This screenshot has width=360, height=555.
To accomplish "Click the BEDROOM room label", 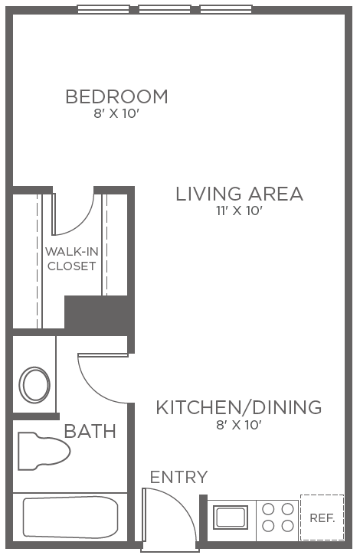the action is (116, 96).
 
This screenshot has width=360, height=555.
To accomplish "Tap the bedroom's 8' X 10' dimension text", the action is (116, 114).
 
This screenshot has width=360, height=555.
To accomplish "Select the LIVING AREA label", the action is (240, 194).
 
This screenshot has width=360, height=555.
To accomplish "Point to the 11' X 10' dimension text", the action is (239, 211).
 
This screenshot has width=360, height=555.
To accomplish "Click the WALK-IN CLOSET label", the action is (72, 259).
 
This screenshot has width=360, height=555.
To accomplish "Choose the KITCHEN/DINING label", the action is (239, 407).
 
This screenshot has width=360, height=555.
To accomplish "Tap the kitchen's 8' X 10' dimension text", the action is (239, 425).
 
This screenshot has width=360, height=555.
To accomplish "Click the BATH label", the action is (90, 431).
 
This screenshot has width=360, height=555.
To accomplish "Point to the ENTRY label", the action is (179, 477).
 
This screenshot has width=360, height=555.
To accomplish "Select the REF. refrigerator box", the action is (322, 517).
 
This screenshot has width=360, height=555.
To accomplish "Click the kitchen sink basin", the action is (231, 517).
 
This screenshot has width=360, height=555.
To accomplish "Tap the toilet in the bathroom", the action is (44, 451).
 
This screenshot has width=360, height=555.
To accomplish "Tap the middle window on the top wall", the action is (165, 9).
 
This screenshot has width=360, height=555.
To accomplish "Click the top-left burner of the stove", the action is (268, 510).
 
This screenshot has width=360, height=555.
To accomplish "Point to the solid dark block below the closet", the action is (96, 312).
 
